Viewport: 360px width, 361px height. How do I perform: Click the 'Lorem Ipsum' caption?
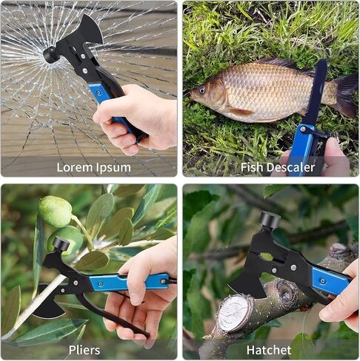point(93,168)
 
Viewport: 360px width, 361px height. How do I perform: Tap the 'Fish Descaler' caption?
point(278,167)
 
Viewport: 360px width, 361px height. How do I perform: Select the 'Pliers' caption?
point(84,350)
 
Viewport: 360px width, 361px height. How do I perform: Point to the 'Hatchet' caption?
point(269,350)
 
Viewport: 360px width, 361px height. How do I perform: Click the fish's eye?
point(202,90)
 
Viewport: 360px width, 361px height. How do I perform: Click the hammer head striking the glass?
point(50,55)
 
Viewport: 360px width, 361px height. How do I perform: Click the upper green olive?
point(56,211)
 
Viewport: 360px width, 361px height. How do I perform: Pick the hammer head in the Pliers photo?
point(61,243)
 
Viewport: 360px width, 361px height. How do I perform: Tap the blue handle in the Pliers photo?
point(129,281)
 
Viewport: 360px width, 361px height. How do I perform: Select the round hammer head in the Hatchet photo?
point(270,220)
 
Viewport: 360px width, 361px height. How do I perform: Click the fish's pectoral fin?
point(239,112)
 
